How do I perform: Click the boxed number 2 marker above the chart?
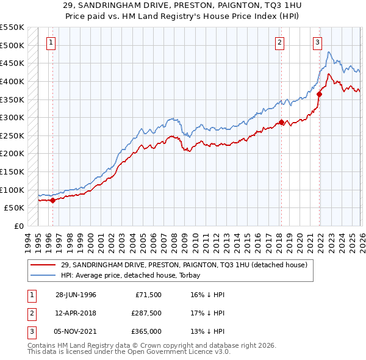(x=279, y=43)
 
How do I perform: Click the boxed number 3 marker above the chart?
(x=318, y=43)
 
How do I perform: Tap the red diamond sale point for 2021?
(x=319, y=94)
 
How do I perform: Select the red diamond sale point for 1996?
(x=52, y=200)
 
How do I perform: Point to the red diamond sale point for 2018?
(x=281, y=122)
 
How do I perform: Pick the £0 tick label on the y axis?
(x=20, y=226)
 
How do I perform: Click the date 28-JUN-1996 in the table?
(x=76, y=295)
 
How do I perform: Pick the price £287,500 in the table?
(x=146, y=313)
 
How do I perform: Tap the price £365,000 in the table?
(x=146, y=331)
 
